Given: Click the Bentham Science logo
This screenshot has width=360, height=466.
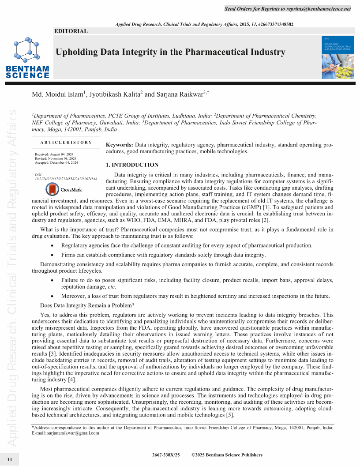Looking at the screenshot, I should pyautogui.click(x=27, y=57).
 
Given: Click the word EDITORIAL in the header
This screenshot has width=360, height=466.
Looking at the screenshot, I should pyautogui.click(x=71, y=31).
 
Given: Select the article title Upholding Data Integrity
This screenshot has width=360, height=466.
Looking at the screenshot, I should pyautogui.click(x=170, y=52).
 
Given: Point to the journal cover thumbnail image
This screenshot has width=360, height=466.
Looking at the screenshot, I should pyautogui.click(x=336, y=58).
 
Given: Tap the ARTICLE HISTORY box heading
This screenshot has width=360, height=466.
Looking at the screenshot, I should pyautogui.click(x=66, y=143).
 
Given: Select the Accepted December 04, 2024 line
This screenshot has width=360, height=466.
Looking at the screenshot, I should pyautogui.click(x=56, y=162).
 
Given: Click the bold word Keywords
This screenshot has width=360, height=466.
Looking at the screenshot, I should pyautogui.click(x=120, y=145).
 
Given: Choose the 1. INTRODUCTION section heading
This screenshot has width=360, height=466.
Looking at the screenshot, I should pyautogui.click(x=132, y=165).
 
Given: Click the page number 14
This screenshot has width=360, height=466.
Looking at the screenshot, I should pyautogui.click(x=10, y=459).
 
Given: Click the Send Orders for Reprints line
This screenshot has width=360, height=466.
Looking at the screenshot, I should pyautogui.click(x=288, y=9).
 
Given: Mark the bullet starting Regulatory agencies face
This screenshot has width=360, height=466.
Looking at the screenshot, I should pyautogui.click(x=187, y=245).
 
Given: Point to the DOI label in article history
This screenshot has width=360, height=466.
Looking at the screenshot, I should pyautogui.click(x=38, y=175).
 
